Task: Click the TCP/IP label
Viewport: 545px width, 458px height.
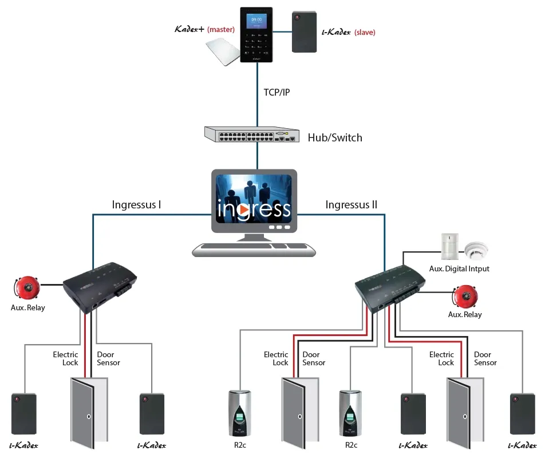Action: (x=276, y=92)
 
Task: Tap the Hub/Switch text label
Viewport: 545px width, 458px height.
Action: (x=335, y=137)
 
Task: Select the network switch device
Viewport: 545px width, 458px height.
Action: (x=252, y=135)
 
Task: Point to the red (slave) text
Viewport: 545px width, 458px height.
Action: (x=365, y=32)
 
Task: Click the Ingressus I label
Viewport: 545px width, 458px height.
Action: (x=136, y=204)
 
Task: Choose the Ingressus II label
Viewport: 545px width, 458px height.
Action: (x=351, y=204)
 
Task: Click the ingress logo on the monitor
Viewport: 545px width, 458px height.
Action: (x=254, y=208)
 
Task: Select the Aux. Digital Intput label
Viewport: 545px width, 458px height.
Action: (x=459, y=269)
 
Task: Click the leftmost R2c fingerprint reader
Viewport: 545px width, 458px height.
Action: (x=240, y=413)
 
